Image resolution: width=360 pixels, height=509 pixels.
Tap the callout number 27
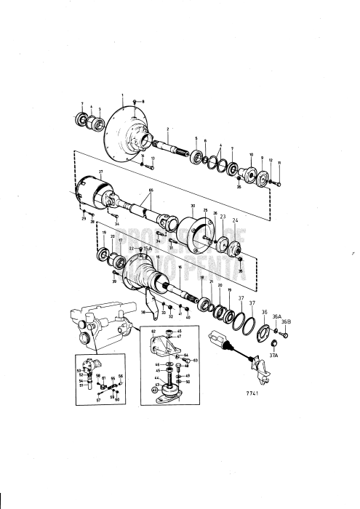101,171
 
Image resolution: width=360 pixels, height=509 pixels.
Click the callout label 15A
147,249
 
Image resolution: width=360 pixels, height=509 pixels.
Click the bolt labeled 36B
284,335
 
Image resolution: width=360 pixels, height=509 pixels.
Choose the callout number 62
153,332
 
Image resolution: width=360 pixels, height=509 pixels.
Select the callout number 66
152,189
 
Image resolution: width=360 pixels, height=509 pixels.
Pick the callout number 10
251,156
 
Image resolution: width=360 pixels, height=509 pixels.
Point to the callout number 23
223,217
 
